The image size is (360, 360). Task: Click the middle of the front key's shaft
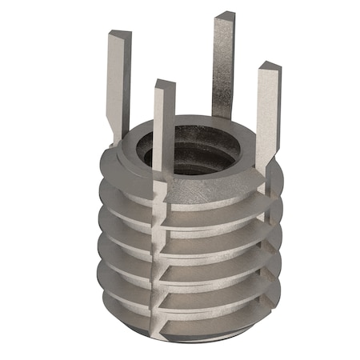pyautogui.click(x=164, y=136)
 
